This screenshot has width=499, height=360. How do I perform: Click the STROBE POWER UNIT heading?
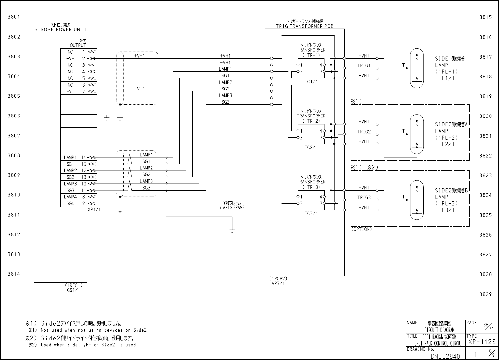pyautogui.click(x=61, y=29)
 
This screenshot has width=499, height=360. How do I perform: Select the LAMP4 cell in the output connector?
pyautogui.click(x=70, y=197)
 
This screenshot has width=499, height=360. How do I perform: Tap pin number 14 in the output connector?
pyautogui.click(x=84, y=157)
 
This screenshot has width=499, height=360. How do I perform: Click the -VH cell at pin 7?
pyautogui.click(x=70, y=91)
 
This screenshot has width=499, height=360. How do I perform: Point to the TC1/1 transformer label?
pyautogui.click(x=311, y=82)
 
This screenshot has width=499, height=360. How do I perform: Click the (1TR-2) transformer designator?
pyautogui.click(x=311, y=121)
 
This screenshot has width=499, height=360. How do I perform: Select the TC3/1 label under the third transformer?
pyautogui.click(x=311, y=213)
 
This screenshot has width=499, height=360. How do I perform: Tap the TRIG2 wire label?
pyautogui.click(x=364, y=132)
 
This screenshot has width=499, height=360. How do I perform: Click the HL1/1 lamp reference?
pyautogui.click(x=446, y=78)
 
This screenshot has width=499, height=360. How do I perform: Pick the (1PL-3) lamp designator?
pyautogui.click(x=446, y=203)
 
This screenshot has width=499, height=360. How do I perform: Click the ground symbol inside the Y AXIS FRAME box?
pyautogui.click(x=232, y=230)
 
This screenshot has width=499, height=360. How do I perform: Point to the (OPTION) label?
pyautogui.click(x=361, y=229)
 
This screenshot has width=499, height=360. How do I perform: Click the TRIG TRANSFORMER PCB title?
pyautogui.click(x=305, y=26)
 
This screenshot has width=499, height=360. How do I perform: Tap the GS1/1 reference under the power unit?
pyautogui.click(x=73, y=290)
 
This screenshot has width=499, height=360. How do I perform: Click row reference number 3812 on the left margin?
pyautogui.click(x=14, y=234)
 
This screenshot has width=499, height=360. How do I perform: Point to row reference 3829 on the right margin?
pyautogui.click(x=485, y=294)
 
